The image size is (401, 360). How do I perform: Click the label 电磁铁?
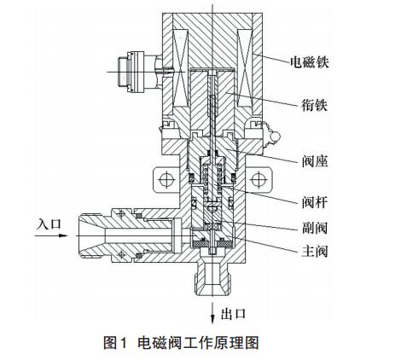coord(310,62)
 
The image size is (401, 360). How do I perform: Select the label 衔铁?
coord(315,105)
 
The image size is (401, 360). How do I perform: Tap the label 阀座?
coord(315,161)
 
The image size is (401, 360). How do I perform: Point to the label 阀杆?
coord(315,202)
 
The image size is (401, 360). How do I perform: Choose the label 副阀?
coord(315,228)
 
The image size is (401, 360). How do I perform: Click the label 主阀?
coord(315,252)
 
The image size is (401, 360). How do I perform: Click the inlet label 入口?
coord(49,224)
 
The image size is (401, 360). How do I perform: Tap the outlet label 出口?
coord(233,314)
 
